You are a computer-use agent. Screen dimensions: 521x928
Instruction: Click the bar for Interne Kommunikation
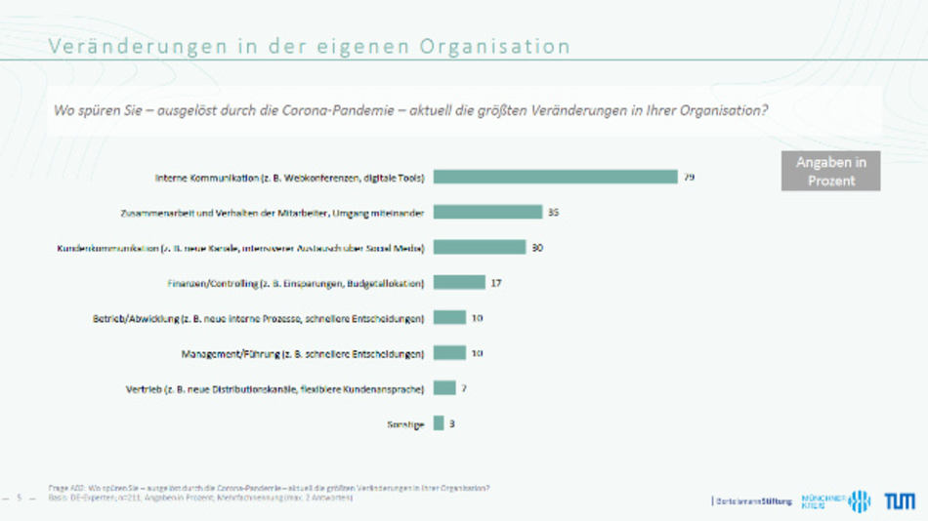[x=555, y=177]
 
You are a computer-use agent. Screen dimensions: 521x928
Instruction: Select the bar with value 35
[x=487, y=212]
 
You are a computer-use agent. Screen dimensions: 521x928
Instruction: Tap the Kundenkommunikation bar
[x=480, y=247]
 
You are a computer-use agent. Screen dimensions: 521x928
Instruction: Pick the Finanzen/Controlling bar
[x=459, y=282]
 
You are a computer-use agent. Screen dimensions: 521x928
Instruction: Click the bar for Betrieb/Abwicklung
[x=449, y=317]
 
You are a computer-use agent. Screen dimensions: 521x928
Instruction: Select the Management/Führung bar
[x=449, y=352]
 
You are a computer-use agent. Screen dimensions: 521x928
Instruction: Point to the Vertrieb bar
[x=444, y=387]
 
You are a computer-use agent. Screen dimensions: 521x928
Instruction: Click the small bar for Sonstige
[x=439, y=422]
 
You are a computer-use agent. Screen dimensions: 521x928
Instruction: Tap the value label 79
[x=689, y=177]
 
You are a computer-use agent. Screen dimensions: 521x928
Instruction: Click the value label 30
[x=537, y=247]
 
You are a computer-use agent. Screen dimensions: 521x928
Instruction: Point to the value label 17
[x=495, y=282]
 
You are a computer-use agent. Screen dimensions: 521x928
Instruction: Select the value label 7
[x=464, y=387]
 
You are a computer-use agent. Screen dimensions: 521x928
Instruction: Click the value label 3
[x=452, y=422]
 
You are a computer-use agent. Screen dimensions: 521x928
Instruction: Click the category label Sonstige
[x=405, y=423]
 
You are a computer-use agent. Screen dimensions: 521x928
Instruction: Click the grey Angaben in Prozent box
[x=830, y=172]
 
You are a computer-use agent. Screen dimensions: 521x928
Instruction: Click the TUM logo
[x=900, y=501]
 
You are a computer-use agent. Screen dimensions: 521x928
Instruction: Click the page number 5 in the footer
[x=19, y=498]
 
